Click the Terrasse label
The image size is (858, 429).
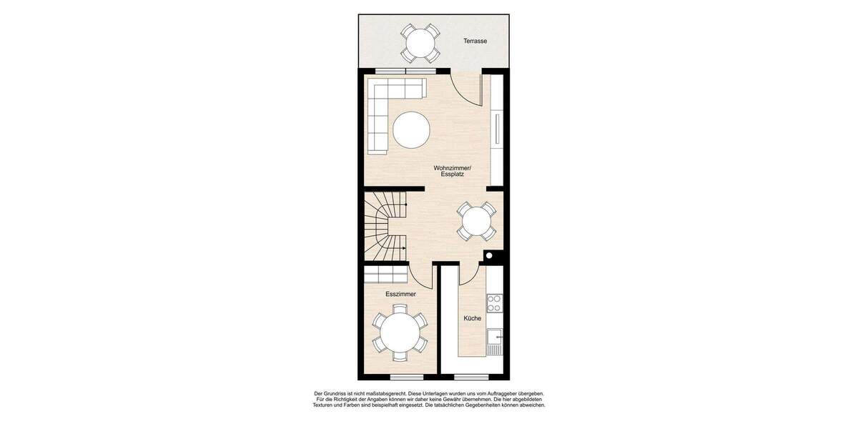click(x=475, y=41)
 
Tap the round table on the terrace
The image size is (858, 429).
click(x=420, y=44)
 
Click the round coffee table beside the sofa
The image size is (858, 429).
click(x=411, y=130)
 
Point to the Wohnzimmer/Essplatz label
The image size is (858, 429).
click(x=452, y=171)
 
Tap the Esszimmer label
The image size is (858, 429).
click(x=400, y=294)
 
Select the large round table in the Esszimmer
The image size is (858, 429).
click(x=400, y=332)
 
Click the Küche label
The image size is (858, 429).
click(x=472, y=318)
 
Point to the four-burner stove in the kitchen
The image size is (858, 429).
click(x=494, y=303)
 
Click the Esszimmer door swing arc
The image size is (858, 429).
click(x=420, y=275)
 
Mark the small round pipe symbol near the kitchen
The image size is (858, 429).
click(x=489, y=255)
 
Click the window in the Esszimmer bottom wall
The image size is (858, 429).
click(x=407, y=377)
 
